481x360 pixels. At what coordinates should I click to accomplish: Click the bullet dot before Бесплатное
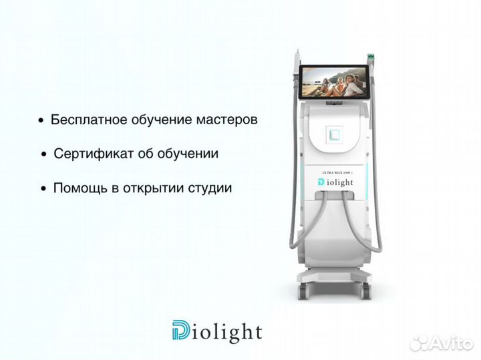coord(41,122)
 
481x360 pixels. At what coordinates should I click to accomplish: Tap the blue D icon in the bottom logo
coord(181,331)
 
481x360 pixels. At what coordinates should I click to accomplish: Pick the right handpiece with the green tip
coord(373,61)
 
